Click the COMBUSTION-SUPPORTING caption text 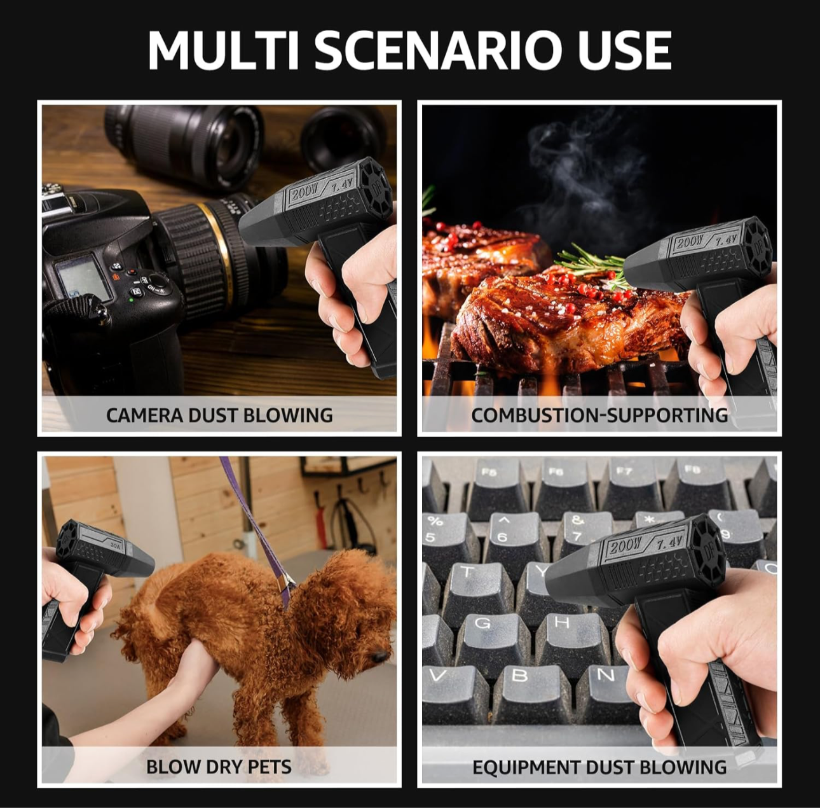click(x=599, y=415)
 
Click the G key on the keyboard click(x=483, y=627)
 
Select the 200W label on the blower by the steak click(x=690, y=242)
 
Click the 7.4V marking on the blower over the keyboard click(x=669, y=543)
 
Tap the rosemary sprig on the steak click(x=588, y=260)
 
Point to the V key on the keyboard click(x=437, y=676)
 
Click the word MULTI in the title click(x=224, y=50)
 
